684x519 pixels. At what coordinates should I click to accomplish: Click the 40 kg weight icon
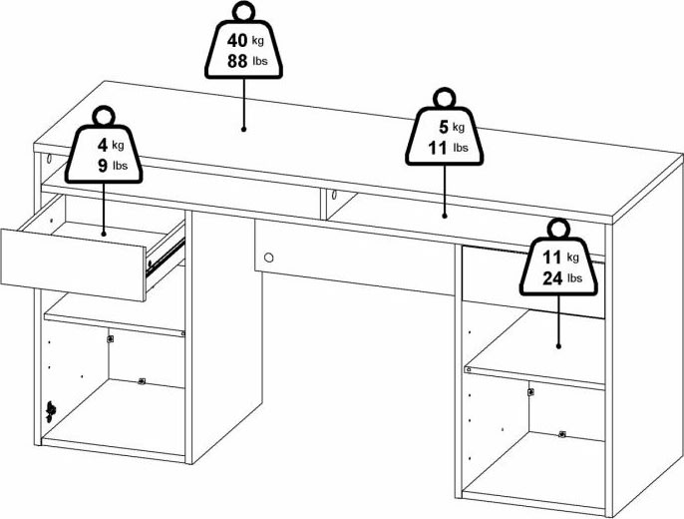[x=243, y=48]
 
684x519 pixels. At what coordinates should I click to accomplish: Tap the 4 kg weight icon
[x=104, y=153]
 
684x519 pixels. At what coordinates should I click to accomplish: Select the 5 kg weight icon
[x=444, y=136]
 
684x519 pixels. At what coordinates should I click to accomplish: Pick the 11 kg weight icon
[x=558, y=265]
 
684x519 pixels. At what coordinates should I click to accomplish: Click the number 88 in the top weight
[x=237, y=61]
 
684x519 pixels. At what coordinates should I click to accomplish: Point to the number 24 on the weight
[x=552, y=278]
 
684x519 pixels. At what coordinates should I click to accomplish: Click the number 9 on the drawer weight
[x=103, y=166]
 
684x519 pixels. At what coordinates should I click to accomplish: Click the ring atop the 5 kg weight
[x=444, y=98]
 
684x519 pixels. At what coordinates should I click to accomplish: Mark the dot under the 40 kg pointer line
[x=243, y=129]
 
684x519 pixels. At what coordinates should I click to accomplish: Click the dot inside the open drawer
[x=104, y=234]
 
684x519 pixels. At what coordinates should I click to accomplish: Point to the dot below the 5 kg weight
[x=445, y=216]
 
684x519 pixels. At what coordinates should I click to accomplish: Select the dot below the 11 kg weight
[x=558, y=346]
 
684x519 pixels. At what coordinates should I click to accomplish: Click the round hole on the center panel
[x=269, y=258]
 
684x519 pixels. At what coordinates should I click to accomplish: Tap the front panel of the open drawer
[x=73, y=264]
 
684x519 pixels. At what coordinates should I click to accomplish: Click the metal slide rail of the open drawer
[x=167, y=259]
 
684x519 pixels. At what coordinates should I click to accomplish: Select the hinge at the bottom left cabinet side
[x=51, y=411]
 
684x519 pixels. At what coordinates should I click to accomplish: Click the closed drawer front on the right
[x=533, y=282]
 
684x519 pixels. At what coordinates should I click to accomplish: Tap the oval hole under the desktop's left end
[x=49, y=158]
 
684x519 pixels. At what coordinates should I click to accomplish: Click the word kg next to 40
[x=258, y=41]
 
